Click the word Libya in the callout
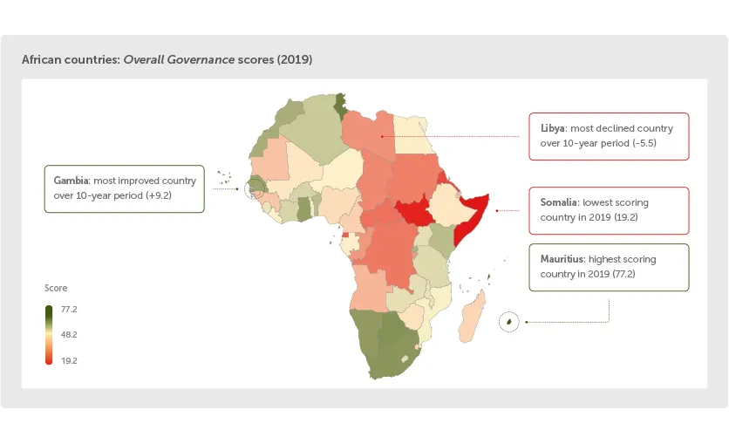pyautogui.click(x=552, y=128)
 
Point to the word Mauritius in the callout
pyautogui.click(x=562, y=259)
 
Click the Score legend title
pyautogui.click(x=56, y=288)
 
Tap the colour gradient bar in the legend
pyautogui.click(x=49, y=335)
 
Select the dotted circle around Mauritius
pyautogui.click(x=508, y=322)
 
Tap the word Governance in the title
pyautogui.click(x=207, y=60)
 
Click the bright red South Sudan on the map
pyautogui.click(x=409, y=211)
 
